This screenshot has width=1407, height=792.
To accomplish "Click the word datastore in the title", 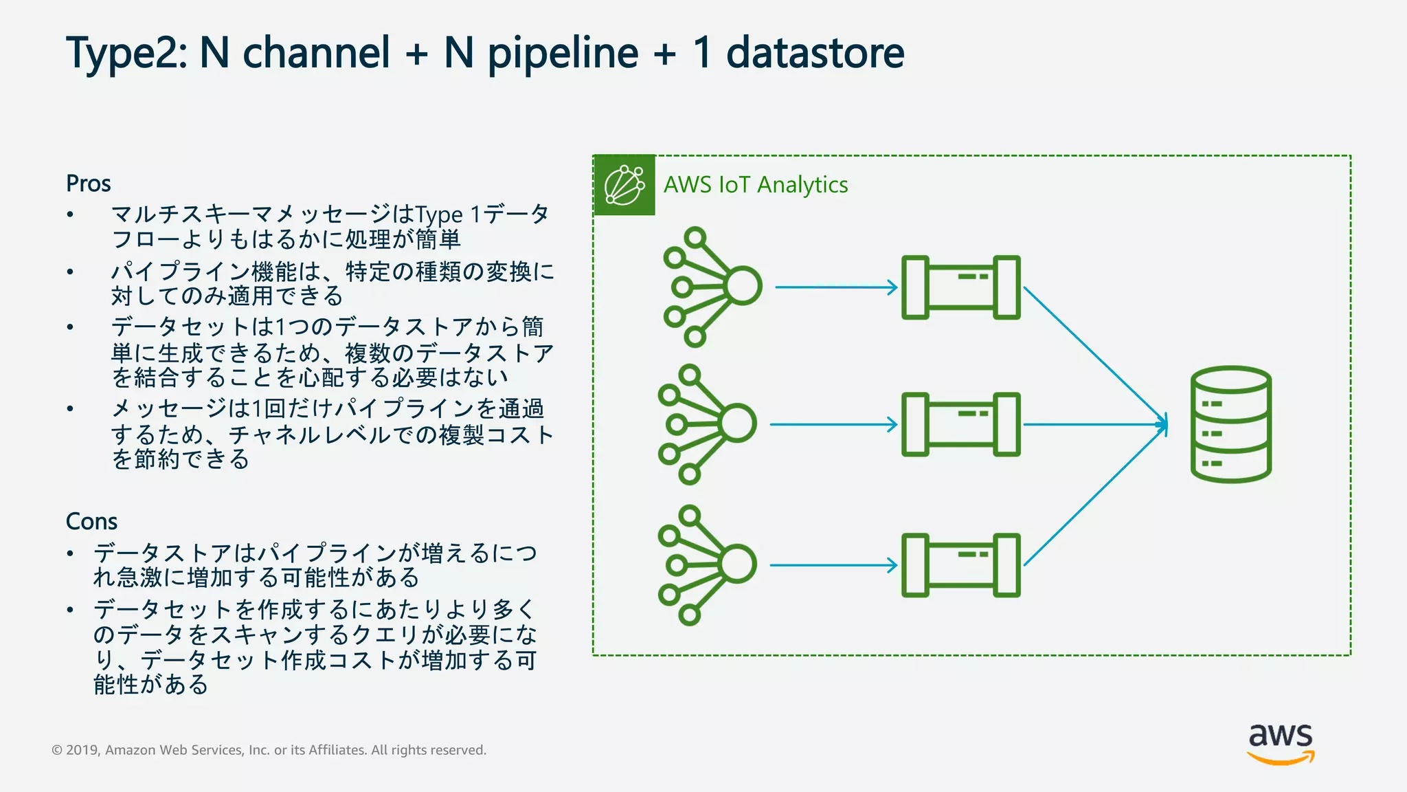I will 815,54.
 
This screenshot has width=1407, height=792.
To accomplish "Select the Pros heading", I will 88,184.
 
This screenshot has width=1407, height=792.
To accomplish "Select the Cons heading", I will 91,521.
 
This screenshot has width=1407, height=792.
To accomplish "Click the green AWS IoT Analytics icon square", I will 624,185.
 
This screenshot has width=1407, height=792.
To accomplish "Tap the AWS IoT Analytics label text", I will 755,185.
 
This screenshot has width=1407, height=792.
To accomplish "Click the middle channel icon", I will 707,424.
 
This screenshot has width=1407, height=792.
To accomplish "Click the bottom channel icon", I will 707,565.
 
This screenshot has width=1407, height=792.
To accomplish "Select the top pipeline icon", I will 960,287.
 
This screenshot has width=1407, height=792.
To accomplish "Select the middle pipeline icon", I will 960,424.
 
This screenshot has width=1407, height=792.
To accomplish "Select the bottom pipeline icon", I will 960,565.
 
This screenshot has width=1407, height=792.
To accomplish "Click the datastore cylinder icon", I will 1230,424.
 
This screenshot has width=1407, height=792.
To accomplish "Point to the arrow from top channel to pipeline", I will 835,287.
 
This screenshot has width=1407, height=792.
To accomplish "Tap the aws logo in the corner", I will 1281,743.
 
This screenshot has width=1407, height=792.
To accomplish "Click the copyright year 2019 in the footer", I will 82,750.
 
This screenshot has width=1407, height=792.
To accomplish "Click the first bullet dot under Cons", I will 70,553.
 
